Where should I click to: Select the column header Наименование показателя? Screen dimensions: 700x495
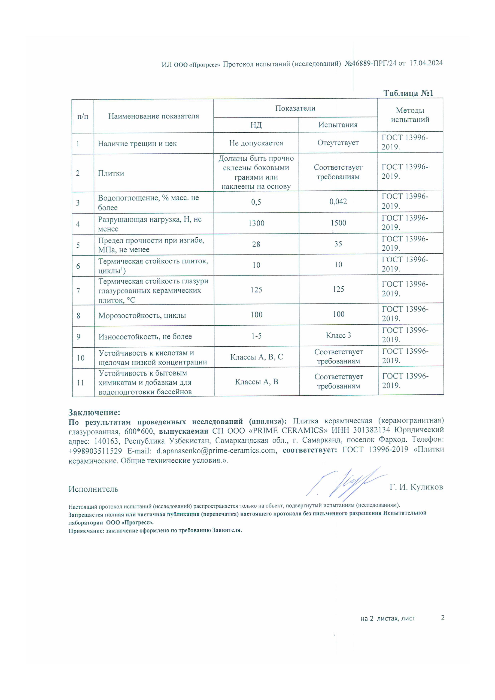[154, 116]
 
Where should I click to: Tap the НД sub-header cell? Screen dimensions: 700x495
[256, 125]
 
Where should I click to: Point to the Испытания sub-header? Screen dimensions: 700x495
[338, 125]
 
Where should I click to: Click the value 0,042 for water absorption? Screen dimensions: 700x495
[338, 202]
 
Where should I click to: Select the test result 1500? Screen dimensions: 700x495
[338, 223]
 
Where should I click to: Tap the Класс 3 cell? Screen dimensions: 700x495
[338, 335]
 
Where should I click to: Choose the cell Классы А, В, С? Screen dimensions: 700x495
[256, 357]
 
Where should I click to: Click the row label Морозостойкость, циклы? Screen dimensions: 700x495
[142, 315]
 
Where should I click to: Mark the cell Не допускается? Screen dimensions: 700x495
[256, 143]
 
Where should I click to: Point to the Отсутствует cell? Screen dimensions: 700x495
[338, 143]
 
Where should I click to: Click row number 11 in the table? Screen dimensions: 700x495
[80, 383]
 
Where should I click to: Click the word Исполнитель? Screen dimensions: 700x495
[93, 489]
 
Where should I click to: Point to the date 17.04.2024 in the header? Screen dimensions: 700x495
[426, 63]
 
